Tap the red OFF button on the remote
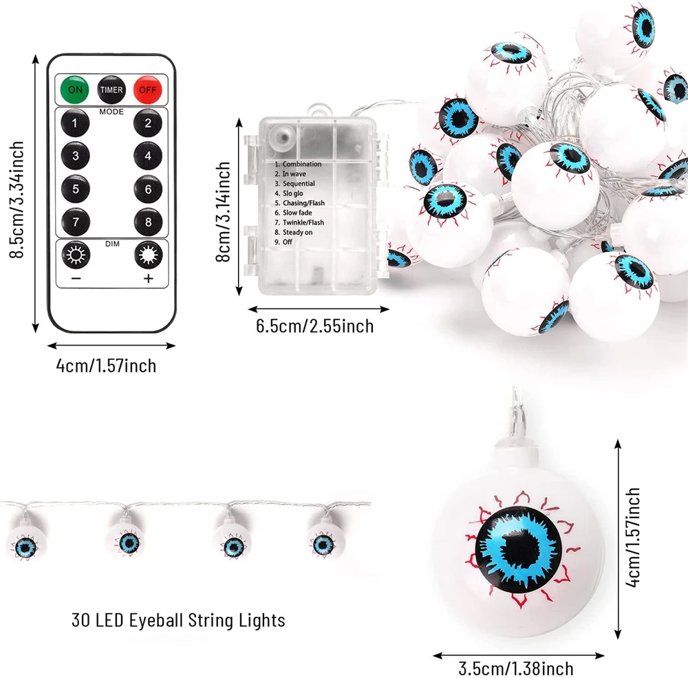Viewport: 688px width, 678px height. pyautogui.click(x=147, y=89)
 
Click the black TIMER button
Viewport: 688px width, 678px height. pyautogui.click(x=111, y=89)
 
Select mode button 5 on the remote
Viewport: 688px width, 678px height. pyautogui.click(x=76, y=188)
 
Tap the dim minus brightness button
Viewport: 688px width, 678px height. pyautogui.click(x=75, y=257)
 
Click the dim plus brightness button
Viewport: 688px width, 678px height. pyautogui.click(x=147, y=257)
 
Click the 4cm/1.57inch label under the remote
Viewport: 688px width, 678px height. pyautogui.click(x=106, y=365)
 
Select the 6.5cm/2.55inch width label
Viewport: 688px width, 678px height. pyautogui.click(x=315, y=326)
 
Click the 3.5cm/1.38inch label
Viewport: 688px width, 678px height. pyautogui.click(x=516, y=667)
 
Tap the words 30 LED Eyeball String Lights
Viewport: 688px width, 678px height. pyautogui.click(x=178, y=620)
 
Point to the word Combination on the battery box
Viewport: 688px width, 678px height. pyautogui.click(x=301, y=165)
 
